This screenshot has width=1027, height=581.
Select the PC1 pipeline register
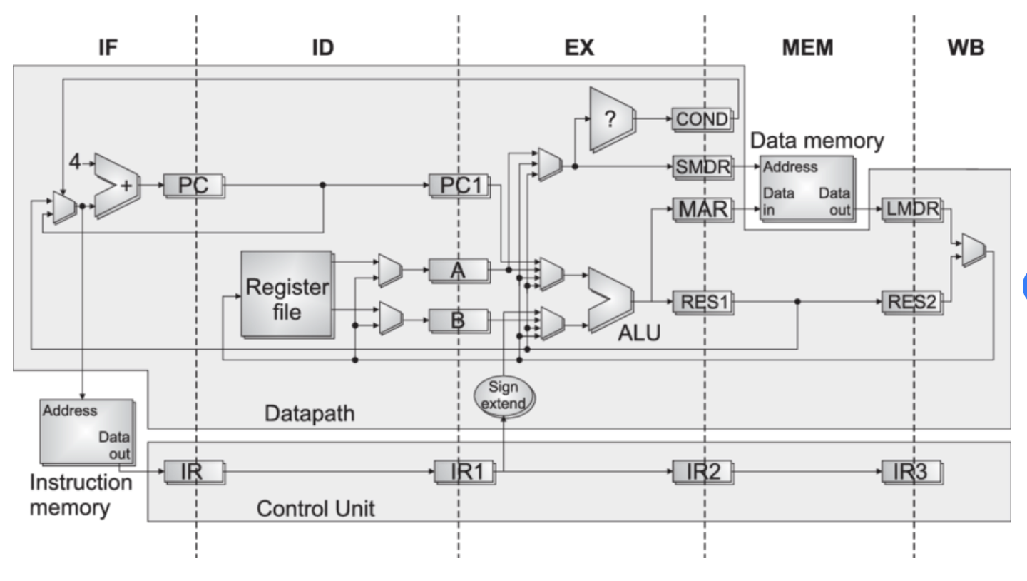click(458, 186)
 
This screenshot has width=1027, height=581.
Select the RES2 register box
click(912, 303)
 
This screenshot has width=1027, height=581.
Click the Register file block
click(287, 293)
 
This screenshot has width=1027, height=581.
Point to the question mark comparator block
click(612, 119)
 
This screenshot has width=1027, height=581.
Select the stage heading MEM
click(807, 47)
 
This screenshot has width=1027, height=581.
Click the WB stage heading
click(966, 47)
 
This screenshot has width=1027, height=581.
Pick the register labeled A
click(458, 270)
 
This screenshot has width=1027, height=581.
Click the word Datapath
click(309, 413)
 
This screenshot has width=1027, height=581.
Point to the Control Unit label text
click(315, 509)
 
